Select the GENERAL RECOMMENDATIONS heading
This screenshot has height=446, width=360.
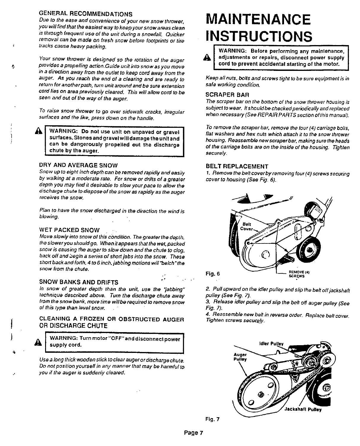(x=86, y=14)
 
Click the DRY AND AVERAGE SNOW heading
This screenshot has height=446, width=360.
(x=79, y=165)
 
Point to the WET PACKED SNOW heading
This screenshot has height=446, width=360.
(x=70, y=230)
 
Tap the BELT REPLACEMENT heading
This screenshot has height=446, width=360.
(x=237, y=166)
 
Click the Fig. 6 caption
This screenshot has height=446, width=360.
(x=212, y=273)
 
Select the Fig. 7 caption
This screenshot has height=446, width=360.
(x=212, y=419)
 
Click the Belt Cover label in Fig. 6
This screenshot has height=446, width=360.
(x=248, y=226)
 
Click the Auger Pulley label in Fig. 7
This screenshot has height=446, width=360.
(x=240, y=356)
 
